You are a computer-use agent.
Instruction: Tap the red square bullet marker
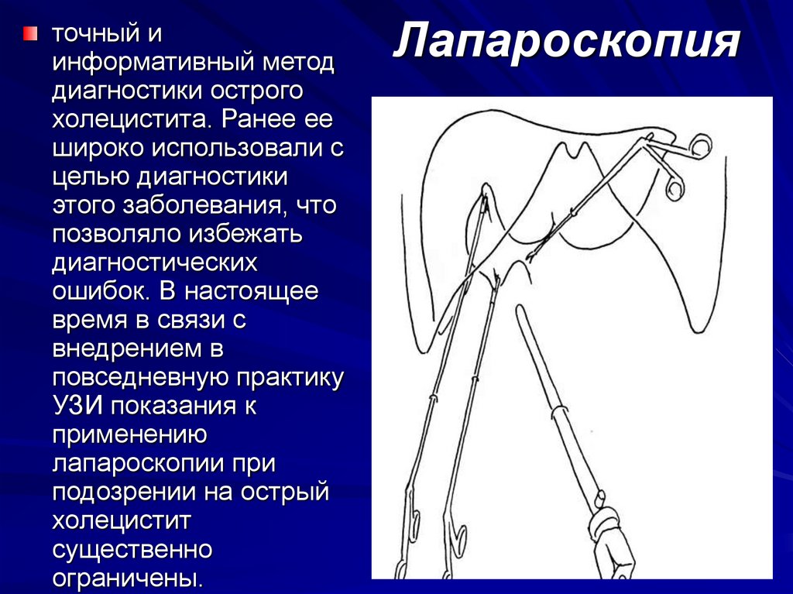click(29, 33)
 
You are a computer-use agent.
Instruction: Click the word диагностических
click(154, 262)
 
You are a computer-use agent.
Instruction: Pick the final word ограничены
click(128, 577)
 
